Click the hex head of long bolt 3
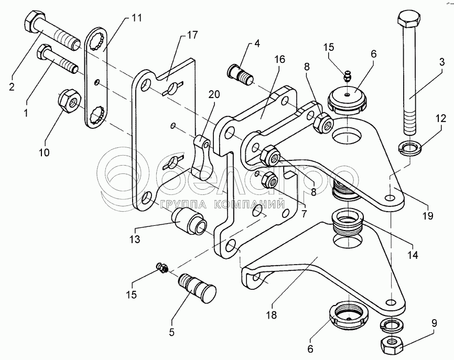(408, 20)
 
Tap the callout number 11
(137, 18)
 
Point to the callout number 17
(192, 35)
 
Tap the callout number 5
(172, 333)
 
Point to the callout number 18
(272, 314)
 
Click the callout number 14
(413, 255)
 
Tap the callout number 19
(428, 215)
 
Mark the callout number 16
(280, 59)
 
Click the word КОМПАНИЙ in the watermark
(250, 204)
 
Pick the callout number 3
(442, 62)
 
